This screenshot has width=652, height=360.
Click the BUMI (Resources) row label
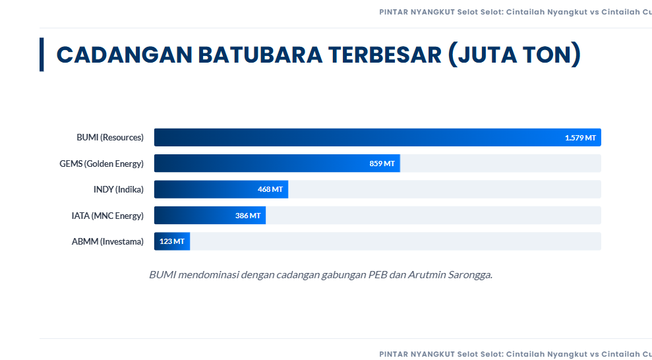click(109, 138)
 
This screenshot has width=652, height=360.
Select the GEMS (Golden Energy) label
click(101, 164)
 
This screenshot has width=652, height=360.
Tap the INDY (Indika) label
click(118, 190)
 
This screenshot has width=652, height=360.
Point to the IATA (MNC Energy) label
click(107, 216)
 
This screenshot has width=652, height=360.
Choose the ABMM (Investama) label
click(107, 242)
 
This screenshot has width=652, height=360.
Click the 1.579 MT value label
click(580, 138)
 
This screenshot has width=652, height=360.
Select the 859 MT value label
click(382, 164)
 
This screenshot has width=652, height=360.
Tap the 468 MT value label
click(270, 190)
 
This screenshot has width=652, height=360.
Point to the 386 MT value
click(247, 216)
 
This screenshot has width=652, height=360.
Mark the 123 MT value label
click(171, 242)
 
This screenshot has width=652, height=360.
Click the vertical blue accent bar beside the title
click(42, 54)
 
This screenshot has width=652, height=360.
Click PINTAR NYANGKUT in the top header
click(417, 12)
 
